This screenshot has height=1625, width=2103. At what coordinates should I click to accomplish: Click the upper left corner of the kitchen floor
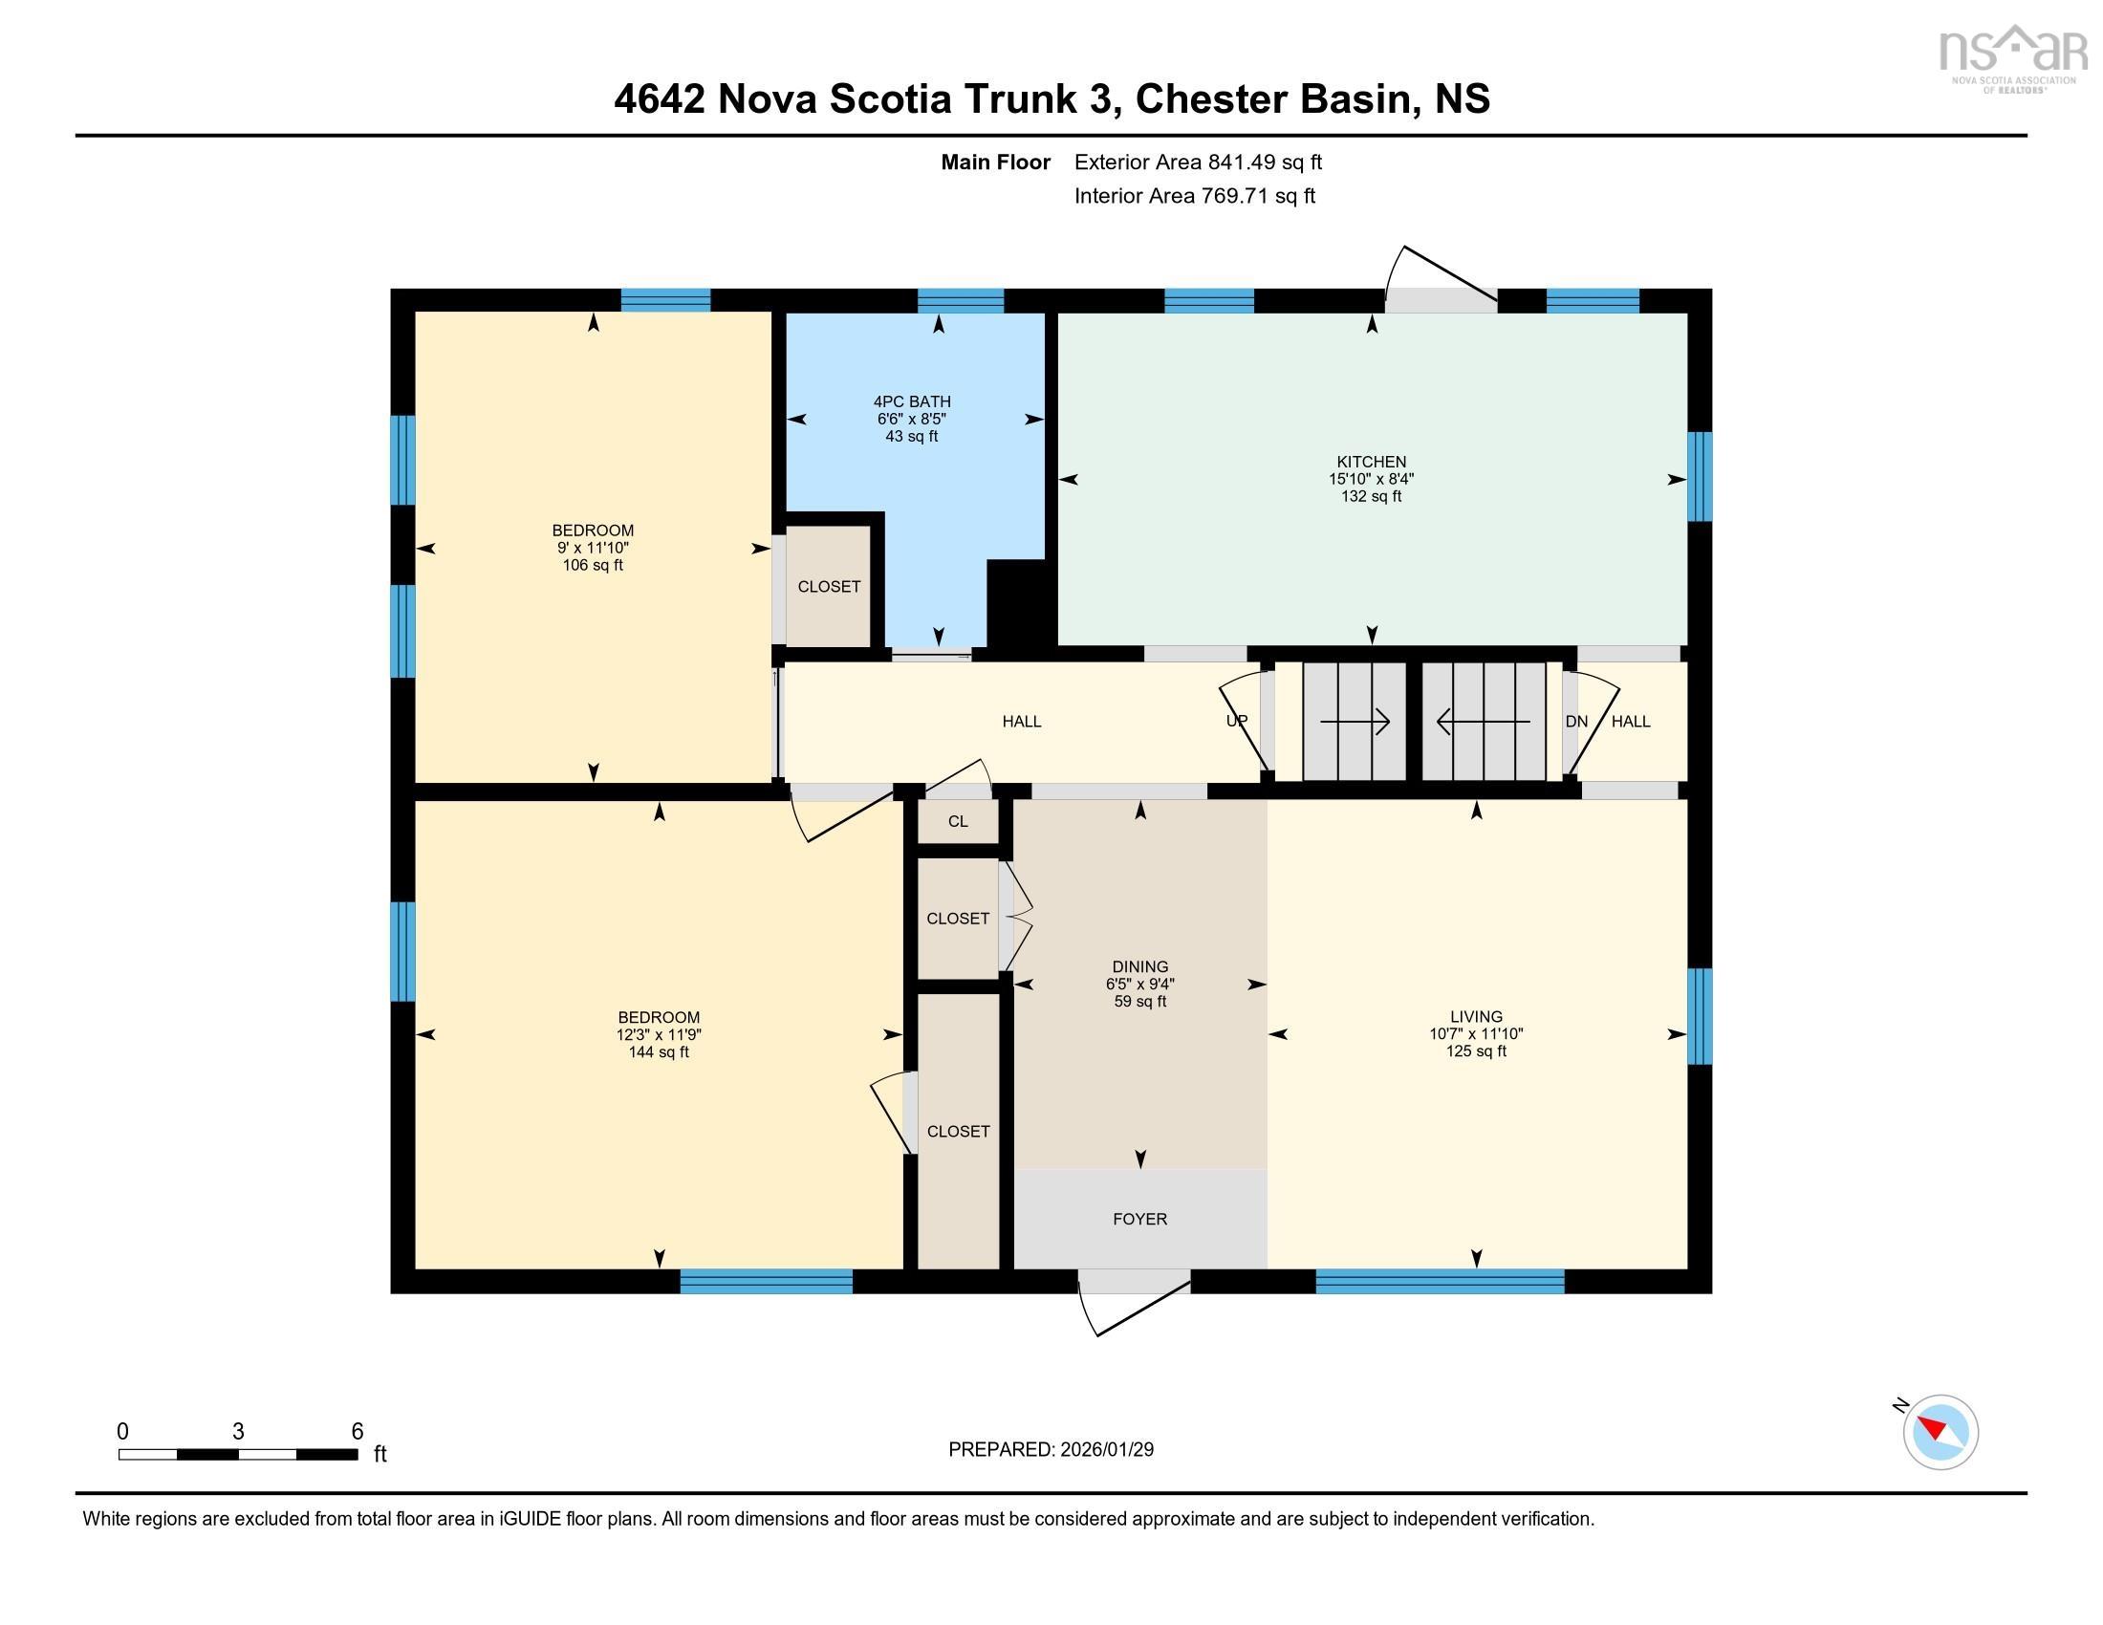(x=1059, y=314)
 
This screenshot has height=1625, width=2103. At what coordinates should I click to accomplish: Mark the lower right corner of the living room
(x=1687, y=1267)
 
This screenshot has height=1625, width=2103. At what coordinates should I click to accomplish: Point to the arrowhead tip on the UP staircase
(x=1390, y=721)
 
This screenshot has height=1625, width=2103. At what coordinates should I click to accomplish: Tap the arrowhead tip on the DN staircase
(x=1438, y=721)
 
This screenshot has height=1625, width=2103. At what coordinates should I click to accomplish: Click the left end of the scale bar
(x=119, y=1454)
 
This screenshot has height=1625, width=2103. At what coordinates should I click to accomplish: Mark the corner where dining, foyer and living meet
(x=1268, y=1169)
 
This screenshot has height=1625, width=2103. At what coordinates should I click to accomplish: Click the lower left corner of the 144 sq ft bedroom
(x=416, y=1267)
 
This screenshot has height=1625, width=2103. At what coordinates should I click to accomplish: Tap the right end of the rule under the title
(x=2027, y=136)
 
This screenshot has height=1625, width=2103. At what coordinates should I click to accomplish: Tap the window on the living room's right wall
(x=1700, y=1015)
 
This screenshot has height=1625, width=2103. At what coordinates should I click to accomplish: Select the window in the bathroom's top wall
(x=961, y=300)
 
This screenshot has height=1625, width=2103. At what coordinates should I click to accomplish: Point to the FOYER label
(x=1140, y=1219)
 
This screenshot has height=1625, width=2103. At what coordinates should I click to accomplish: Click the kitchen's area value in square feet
(x=1371, y=497)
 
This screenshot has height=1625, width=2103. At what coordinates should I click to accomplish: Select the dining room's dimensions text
(x=1140, y=984)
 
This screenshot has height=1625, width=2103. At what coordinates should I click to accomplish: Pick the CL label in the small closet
(x=957, y=821)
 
